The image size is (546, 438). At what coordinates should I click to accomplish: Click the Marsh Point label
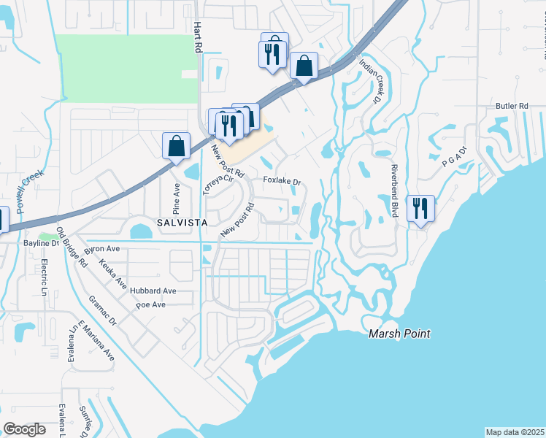(399, 334)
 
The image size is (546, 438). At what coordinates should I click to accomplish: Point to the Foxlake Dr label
(282, 180)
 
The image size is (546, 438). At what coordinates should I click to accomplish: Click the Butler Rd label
(511, 106)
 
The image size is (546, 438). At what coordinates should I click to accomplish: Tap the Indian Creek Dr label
(369, 80)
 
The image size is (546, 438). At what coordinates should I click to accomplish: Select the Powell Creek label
(31, 192)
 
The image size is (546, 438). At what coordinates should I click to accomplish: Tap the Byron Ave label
(102, 249)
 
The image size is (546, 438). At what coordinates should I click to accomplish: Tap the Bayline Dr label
(41, 242)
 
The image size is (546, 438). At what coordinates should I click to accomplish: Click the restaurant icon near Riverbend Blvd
(420, 208)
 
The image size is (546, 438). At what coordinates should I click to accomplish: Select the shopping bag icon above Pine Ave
(176, 145)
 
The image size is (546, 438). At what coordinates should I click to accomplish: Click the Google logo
(24, 429)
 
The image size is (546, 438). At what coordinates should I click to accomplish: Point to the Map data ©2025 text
(515, 432)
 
